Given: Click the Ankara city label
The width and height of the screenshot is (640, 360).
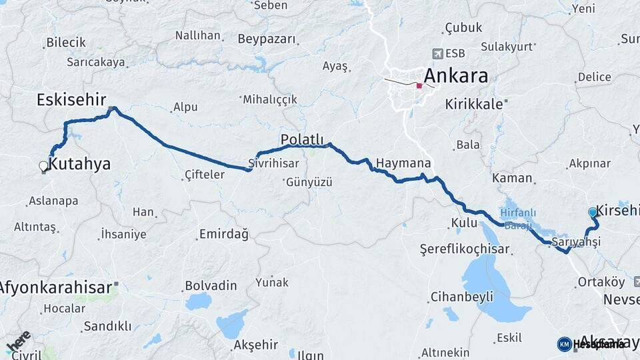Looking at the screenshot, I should (456, 75).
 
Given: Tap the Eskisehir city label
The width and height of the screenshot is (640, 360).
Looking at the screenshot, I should (71, 100).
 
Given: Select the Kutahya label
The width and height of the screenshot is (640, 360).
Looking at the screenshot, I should (80, 163).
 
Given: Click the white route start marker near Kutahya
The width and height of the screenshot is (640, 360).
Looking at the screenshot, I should (43, 165).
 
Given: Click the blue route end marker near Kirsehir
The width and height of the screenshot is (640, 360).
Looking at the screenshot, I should (593, 212).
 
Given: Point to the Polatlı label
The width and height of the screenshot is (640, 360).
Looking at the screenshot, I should (302, 139).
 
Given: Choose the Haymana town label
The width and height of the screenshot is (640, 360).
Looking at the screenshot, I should (403, 163).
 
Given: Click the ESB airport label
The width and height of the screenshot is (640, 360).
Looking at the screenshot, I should (456, 53).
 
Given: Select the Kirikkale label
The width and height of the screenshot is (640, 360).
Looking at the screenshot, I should (473, 105).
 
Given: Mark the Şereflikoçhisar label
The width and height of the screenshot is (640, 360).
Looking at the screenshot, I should (465, 249).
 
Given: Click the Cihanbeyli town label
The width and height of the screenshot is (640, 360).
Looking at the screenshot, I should (462, 297).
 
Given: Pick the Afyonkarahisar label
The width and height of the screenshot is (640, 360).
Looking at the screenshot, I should (55, 288).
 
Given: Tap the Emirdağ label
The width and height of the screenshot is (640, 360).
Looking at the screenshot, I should (223, 235).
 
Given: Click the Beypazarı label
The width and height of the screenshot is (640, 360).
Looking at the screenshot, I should (266, 39).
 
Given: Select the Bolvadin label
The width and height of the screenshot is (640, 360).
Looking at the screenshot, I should (211, 285).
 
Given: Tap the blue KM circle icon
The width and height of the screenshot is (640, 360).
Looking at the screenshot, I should (564, 344).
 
